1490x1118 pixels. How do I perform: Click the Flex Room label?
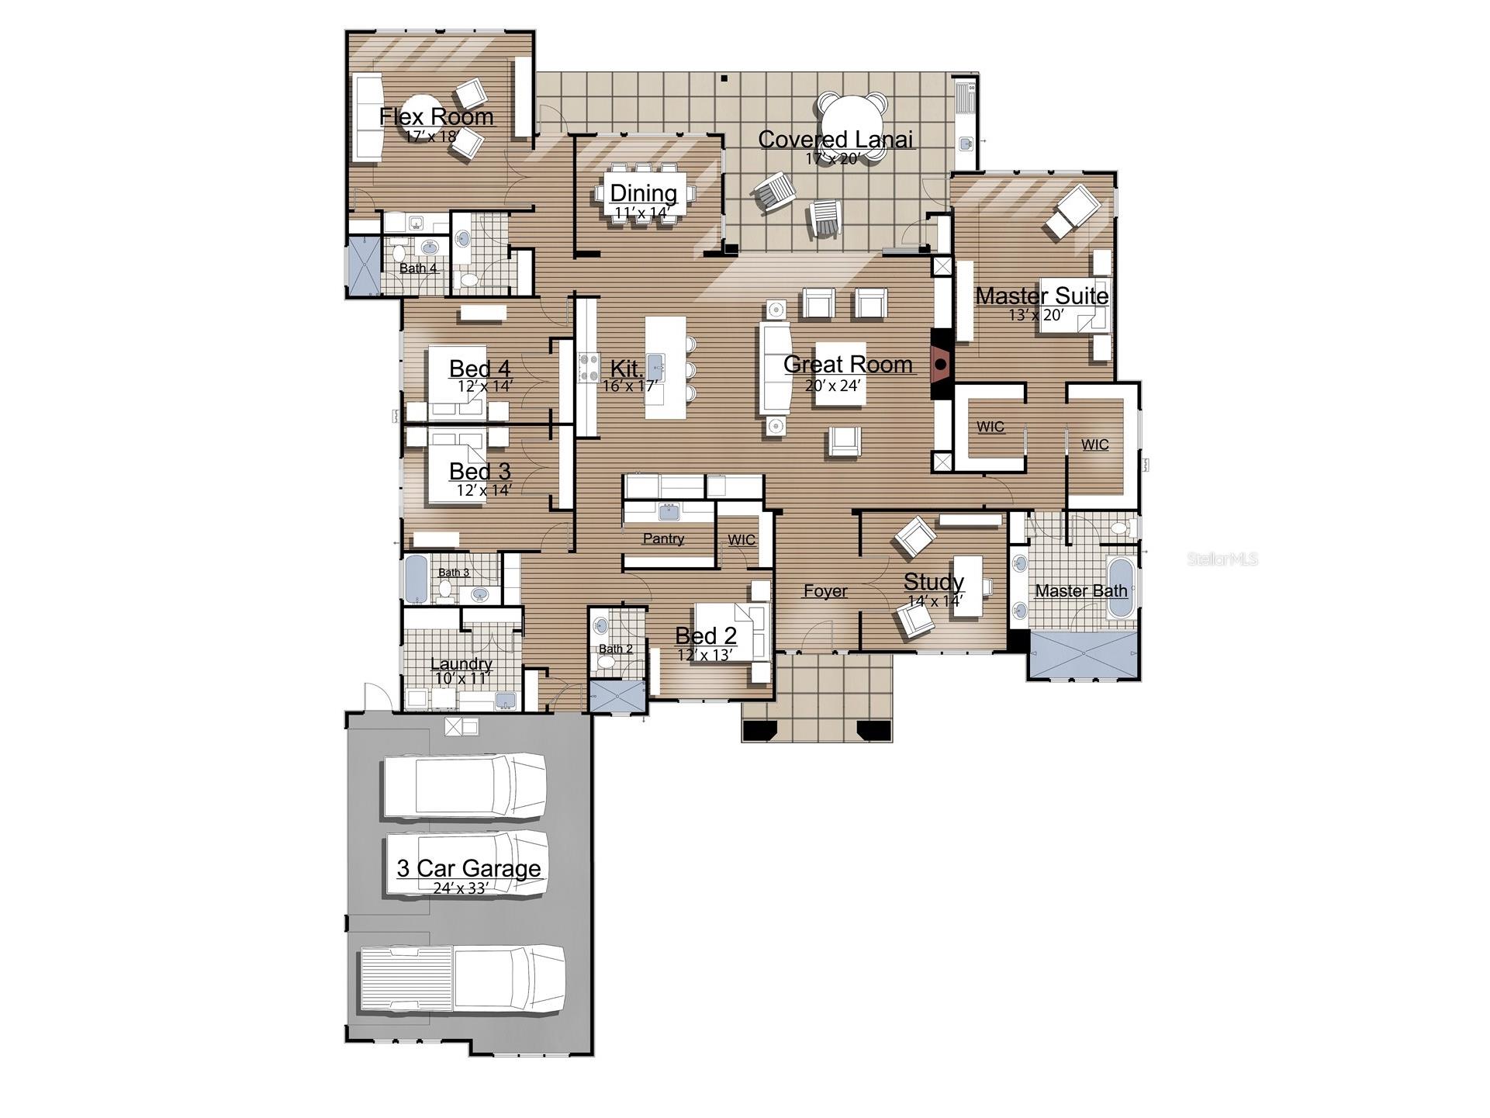pyautogui.click(x=437, y=116)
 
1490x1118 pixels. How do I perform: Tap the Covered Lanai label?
pyautogui.click(x=835, y=139)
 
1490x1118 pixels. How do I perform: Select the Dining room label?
pyautogui.click(x=643, y=192)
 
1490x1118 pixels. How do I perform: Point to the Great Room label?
pyautogui.click(x=848, y=364)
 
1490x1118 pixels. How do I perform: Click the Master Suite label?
pyautogui.click(x=1042, y=296)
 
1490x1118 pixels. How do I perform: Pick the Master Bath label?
pyautogui.click(x=1080, y=590)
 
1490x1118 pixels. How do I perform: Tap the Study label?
pyautogui.click(x=934, y=582)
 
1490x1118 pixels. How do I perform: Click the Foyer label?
pyautogui.click(x=825, y=591)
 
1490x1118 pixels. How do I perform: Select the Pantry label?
pyautogui.click(x=663, y=538)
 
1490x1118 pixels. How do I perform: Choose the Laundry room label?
pyautogui.click(x=461, y=664)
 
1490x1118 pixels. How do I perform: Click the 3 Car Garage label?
pyautogui.click(x=468, y=868)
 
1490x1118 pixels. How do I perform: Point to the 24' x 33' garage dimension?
pyautogui.click(x=460, y=888)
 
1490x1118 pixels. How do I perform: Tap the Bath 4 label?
pyautogui.click(x=418, y=268)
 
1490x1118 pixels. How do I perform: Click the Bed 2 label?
pyautogui.click(x=706, y=636)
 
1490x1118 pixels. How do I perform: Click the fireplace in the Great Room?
pyautogui.click(x=941, y=364)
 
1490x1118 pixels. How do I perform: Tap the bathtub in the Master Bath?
pyautogui.click(x=1119, y=587)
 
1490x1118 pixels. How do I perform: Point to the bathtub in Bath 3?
pyautogui.click(x=415, y=578)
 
